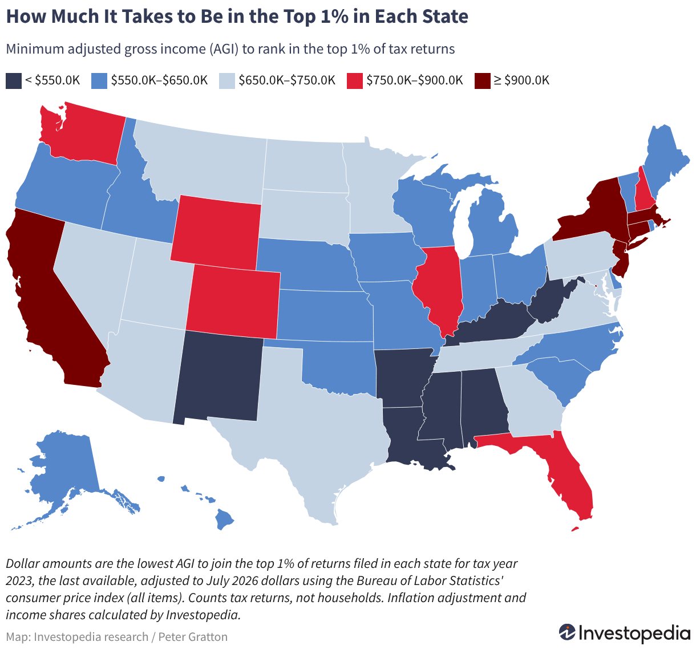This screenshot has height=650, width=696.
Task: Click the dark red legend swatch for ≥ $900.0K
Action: point(482,81)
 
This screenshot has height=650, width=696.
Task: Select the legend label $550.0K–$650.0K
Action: point(160,80)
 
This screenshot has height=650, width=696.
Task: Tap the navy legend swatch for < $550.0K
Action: point(14,81)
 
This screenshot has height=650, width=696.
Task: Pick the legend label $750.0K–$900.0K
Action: point(415,80)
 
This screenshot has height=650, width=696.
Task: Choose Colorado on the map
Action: point(233,302)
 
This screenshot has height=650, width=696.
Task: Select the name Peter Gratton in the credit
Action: point(193,636)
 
